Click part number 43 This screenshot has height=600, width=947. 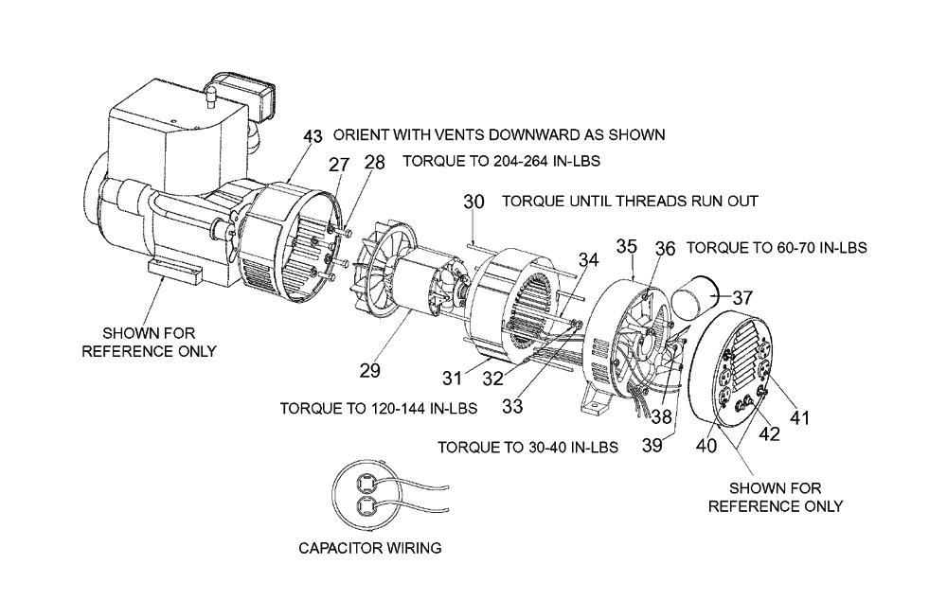[313, 136]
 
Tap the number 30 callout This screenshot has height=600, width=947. [473, 202]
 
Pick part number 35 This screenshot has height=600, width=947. [626, 247]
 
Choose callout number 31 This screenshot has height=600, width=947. [452, 378]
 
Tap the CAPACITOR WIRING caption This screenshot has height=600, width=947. [370, 547]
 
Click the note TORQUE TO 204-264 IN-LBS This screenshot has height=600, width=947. [501, 162]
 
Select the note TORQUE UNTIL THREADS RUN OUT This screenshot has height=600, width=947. [630, 202]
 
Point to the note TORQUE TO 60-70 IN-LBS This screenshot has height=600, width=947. [777, 248]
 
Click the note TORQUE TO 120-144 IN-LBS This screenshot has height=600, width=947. [378, 409]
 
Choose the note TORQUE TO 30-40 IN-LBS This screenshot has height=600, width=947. [527, 446]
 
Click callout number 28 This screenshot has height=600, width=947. [374, 162]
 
